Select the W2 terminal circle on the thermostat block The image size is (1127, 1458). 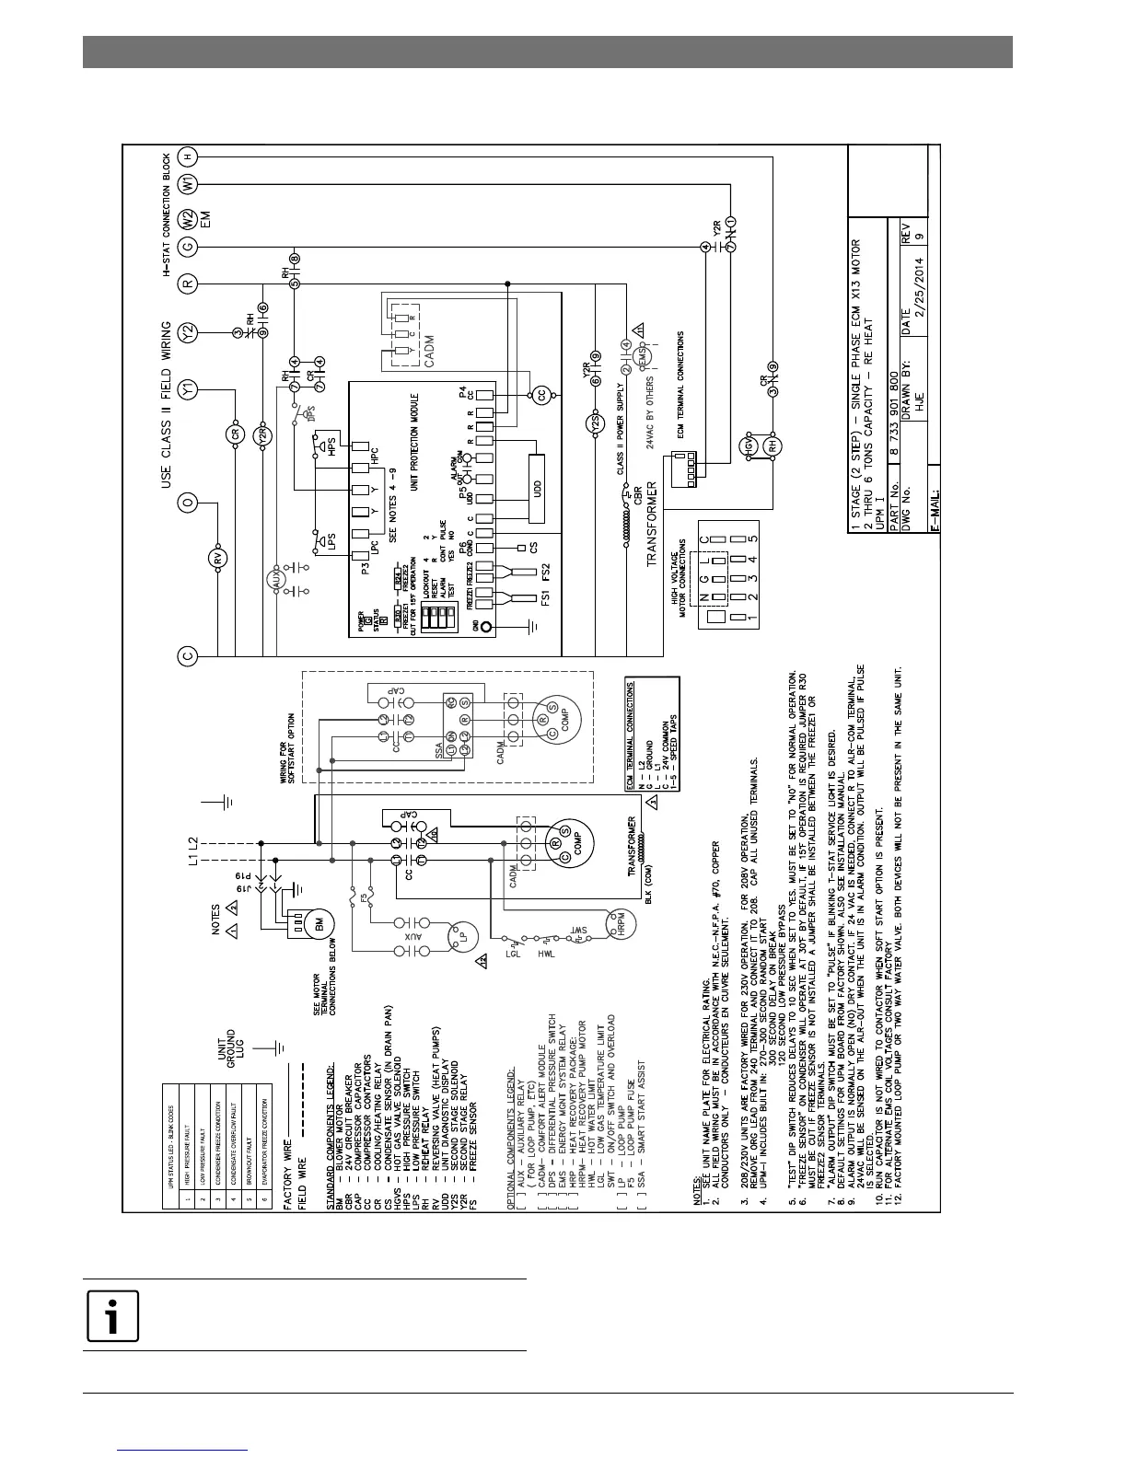188,219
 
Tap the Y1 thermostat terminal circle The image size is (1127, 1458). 188,389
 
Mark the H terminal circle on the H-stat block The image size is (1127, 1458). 188,156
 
